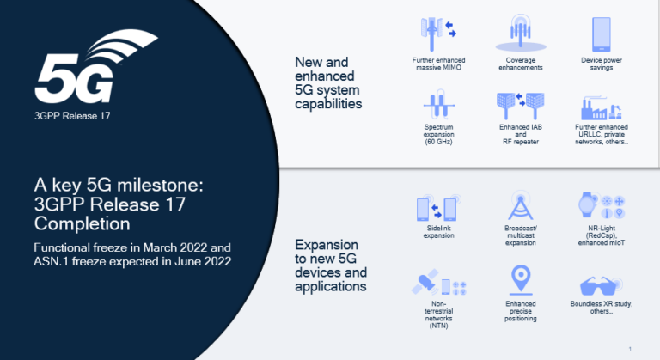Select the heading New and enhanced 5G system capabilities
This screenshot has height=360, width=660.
[328, 82]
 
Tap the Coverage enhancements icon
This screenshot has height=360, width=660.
[520, 34]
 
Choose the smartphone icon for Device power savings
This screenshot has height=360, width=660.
[602, 34]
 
